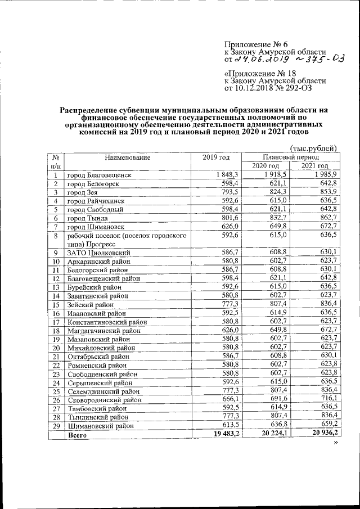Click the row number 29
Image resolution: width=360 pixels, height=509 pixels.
click(x=56, y=426)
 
